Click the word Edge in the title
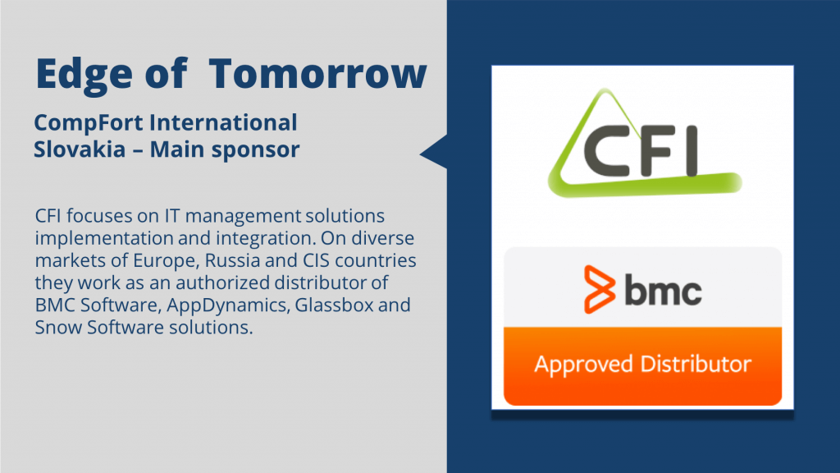[84, 75]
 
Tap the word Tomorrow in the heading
[317, 73]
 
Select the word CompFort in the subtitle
[88, 123]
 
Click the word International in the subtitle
[223, 122]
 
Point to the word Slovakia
[80, 149]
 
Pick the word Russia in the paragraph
[232, 260]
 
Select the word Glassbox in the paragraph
[335, 305]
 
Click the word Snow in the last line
[58, 327]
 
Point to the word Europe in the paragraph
[166, 261]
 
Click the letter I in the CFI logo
[691, 151]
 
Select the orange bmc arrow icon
[599, 289]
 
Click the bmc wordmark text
[663, 290]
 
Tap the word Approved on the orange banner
[584, 365]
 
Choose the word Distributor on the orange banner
[696, 364]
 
